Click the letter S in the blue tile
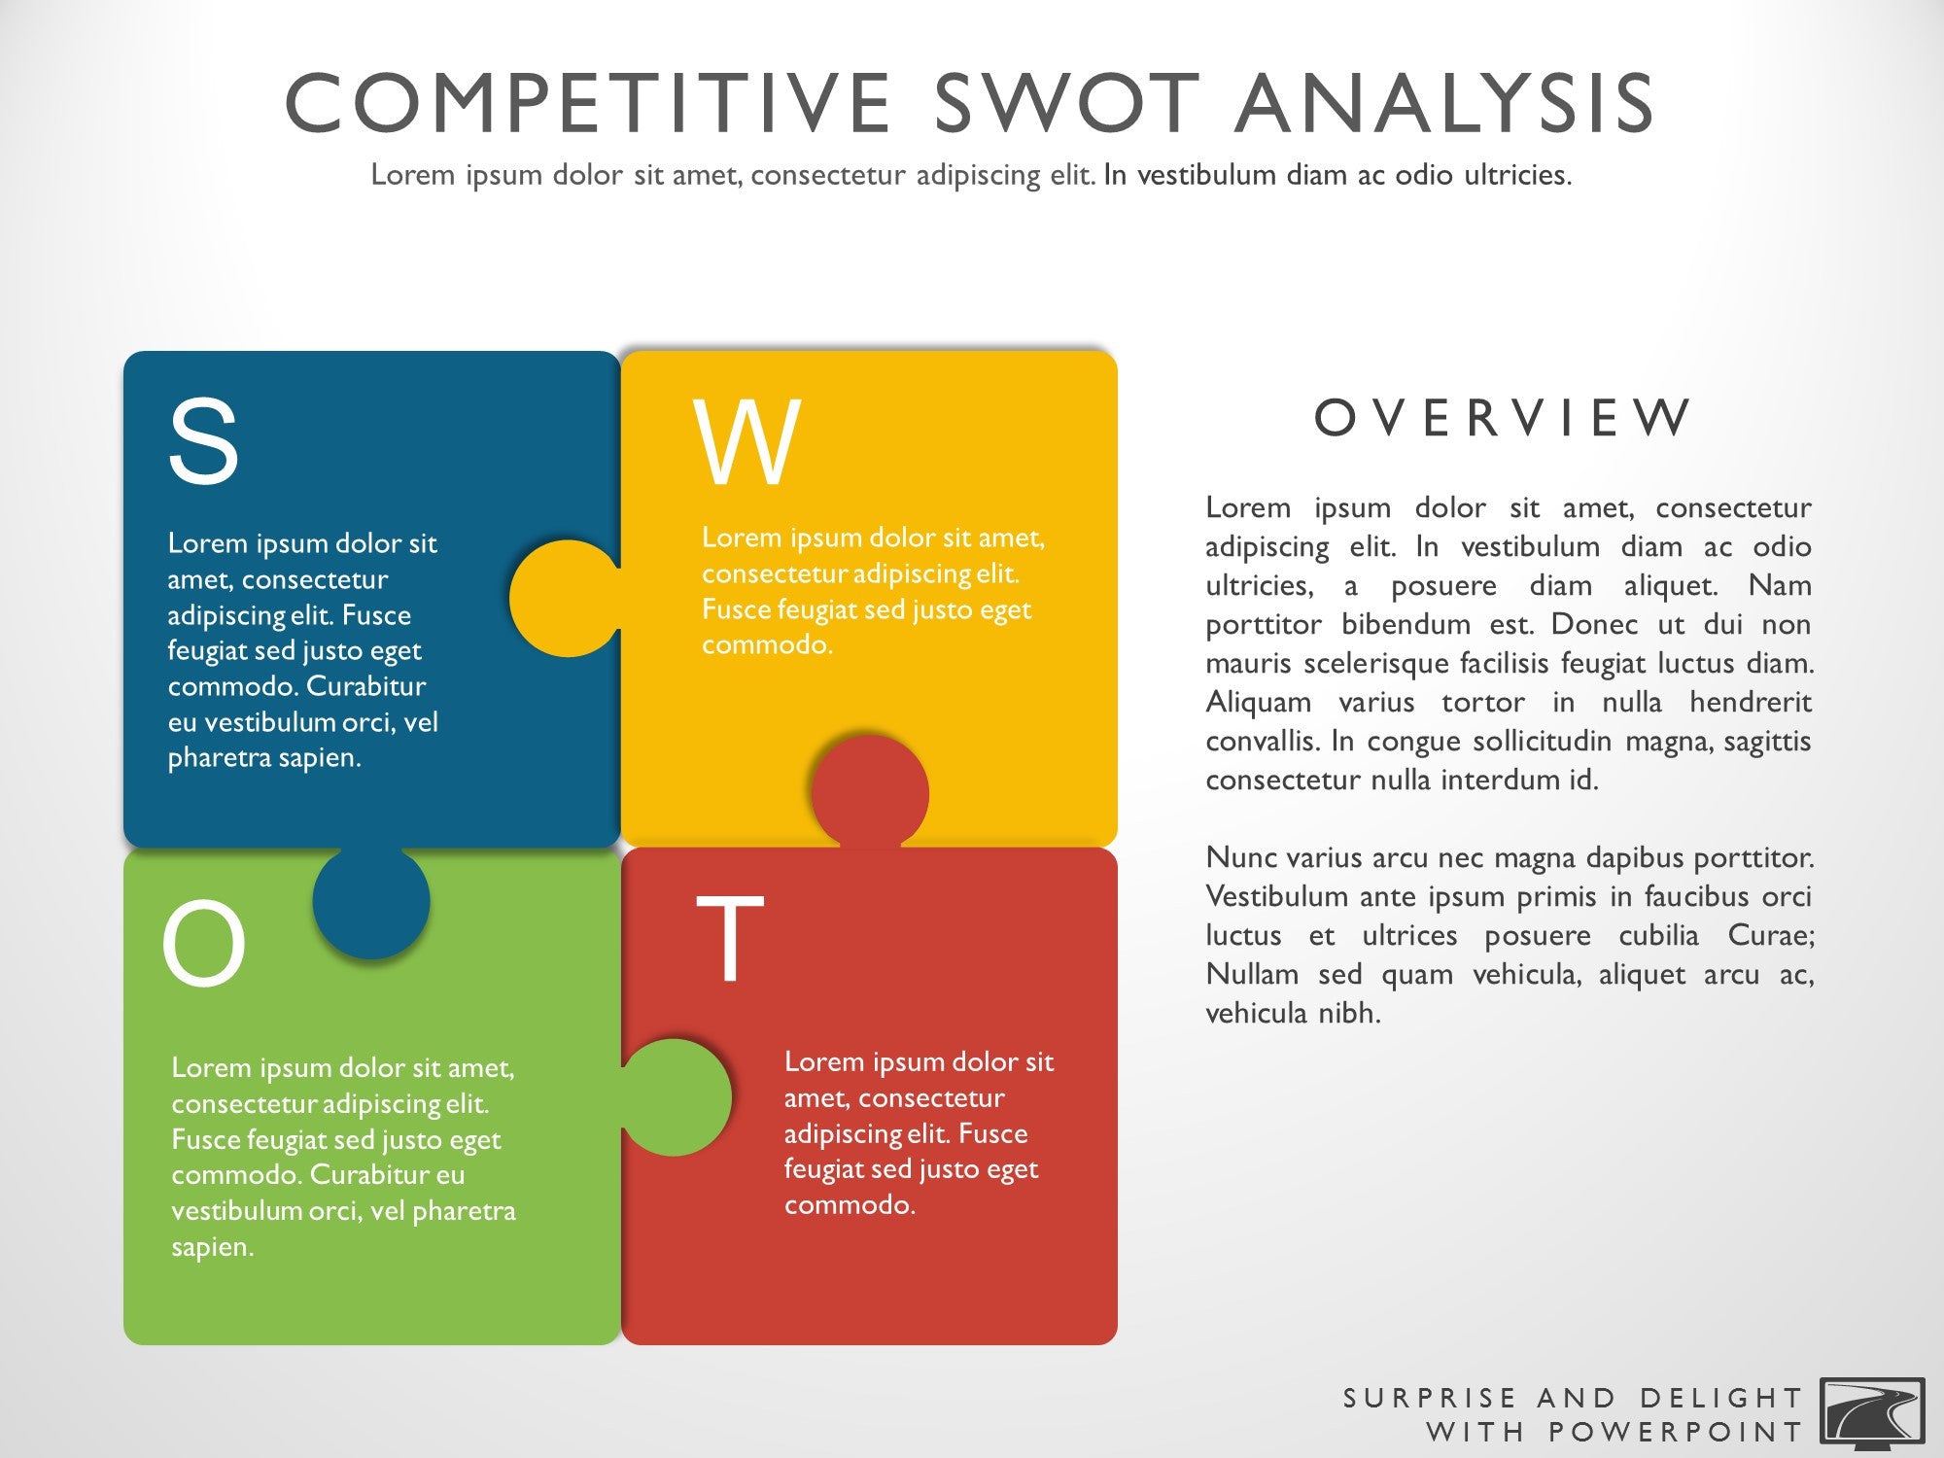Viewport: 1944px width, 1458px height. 203,441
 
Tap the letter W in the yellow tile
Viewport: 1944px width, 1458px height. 746,442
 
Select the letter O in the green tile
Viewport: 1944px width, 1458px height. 203,944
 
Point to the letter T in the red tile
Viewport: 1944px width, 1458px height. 730,937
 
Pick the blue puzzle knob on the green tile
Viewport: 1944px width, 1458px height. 371,901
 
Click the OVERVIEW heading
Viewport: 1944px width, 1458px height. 1503,418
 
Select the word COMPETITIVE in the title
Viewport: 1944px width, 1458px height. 588,103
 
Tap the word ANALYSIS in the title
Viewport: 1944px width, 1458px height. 1446,103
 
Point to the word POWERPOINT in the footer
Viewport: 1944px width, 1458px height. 1676,1432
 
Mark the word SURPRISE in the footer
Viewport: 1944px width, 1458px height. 1429,1398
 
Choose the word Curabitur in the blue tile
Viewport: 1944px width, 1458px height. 365,686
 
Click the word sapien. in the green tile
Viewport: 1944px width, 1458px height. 213,1248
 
